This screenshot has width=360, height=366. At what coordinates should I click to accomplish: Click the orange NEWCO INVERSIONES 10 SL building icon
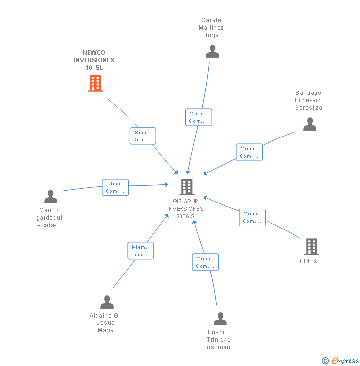(x=95, y=83)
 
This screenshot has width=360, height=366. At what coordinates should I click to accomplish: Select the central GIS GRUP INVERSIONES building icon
(x=186, y=186)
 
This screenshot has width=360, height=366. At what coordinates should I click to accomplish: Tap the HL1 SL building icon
(x=311, y=246)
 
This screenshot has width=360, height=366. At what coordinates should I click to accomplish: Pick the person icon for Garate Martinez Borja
(x=212, y=51)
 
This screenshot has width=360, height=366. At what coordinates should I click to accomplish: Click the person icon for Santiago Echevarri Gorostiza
(x=310, y=124)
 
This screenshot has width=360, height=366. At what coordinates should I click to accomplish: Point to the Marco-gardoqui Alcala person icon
(x=50, y=197)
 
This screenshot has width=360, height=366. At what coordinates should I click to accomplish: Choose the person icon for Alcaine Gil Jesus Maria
(x=107, y=302)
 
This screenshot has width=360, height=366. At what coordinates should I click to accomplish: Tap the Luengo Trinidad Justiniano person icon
(x=220, y=319)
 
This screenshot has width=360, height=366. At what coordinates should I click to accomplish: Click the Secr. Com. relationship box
(x=143, y=136)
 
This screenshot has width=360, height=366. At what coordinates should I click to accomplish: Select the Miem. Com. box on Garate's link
(x=199, y=117)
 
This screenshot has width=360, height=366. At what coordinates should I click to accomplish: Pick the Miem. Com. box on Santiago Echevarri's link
(x=249, y=152)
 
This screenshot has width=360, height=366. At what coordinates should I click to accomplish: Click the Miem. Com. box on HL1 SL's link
(x=252, y=217)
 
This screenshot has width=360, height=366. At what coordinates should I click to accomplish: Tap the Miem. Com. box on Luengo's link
(x=205, y=262)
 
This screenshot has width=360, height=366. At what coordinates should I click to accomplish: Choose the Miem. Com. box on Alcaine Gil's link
(x=140, y=251)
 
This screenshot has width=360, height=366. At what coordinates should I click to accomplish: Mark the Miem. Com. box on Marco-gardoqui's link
(x=115, y=187)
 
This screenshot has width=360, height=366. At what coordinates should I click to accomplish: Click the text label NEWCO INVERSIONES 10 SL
(x=94, y=60)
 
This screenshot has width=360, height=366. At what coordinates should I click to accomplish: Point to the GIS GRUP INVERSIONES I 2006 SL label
(x=185, y=209)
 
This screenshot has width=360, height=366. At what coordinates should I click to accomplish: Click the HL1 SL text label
(x=310, y=261)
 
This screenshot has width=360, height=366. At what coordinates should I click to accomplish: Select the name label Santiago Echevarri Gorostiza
(x=308, y=100)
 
